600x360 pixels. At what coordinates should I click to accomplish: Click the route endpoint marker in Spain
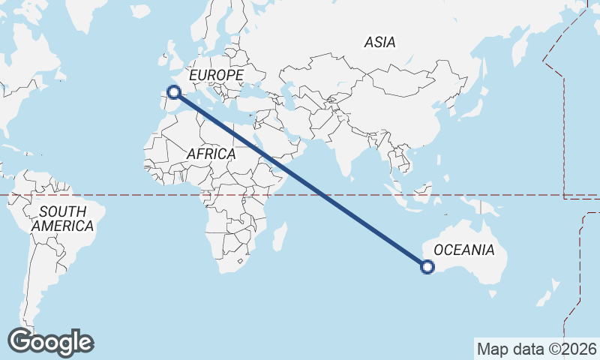[174, 92]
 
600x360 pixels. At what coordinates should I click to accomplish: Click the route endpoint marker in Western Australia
[427, 266]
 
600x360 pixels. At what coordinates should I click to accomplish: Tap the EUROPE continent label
[216, 76]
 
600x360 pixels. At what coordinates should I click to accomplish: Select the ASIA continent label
[379, 43]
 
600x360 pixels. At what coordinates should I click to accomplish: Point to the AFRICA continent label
[211, 154]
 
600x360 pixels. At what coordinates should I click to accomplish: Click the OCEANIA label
[464, 250]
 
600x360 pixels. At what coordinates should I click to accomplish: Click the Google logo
[50, 341]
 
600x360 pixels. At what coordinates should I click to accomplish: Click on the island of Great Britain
[172, 60]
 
